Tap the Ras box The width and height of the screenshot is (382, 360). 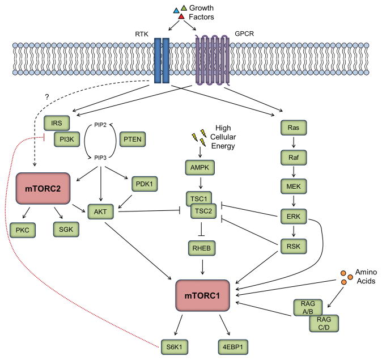tap(294, 130)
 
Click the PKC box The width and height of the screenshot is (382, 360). tap(22, 230)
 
